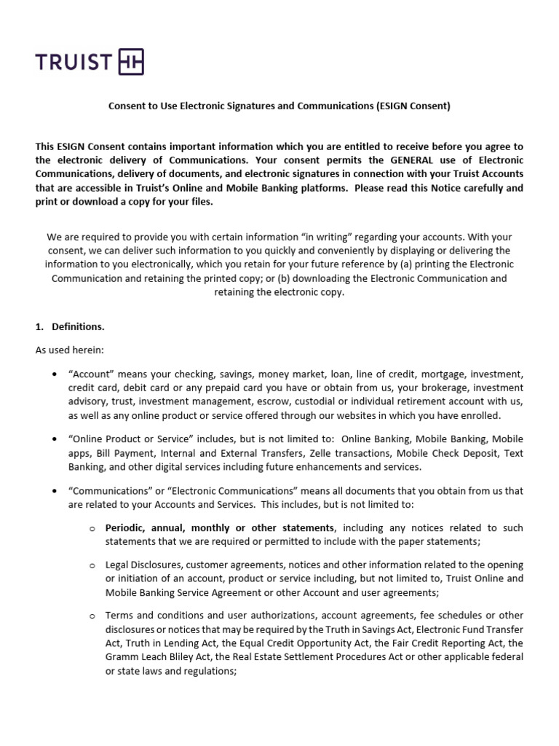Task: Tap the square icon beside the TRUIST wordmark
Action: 130,63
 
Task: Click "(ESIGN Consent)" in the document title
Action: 413,106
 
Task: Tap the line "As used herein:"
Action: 70,350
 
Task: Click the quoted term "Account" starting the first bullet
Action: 92,374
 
